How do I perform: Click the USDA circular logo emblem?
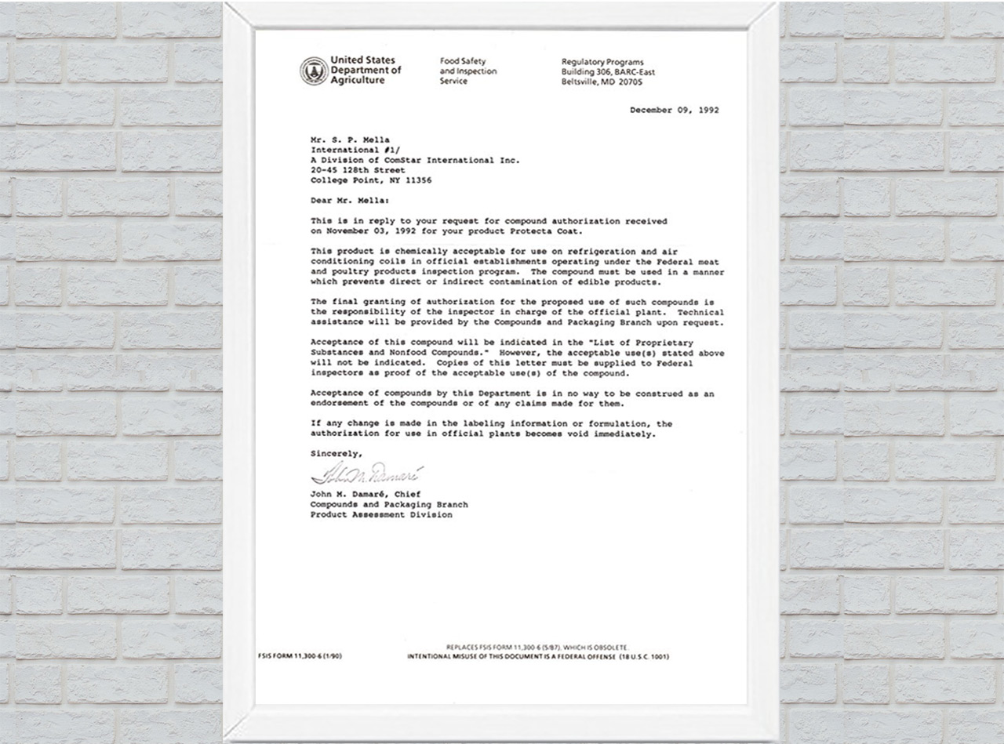coord(314,71)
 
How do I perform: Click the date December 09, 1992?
coord(674,111)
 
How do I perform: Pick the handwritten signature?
coord(367,474)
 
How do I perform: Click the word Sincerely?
coord(336,453)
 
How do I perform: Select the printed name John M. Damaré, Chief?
coord(366,495)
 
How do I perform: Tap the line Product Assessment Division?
coord(381,515)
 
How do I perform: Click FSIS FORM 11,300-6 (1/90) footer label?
coord(300,656)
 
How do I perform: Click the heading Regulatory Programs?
coord(602,62)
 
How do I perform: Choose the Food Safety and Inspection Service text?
coord(467,71)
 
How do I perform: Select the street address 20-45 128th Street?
coord(358,170)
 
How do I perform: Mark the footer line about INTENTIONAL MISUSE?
coord(537,656)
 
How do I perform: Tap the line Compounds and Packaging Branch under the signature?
coord(389,505)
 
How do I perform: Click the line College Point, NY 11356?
coord(371,180)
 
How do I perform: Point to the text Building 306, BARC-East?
coord(608,72)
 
